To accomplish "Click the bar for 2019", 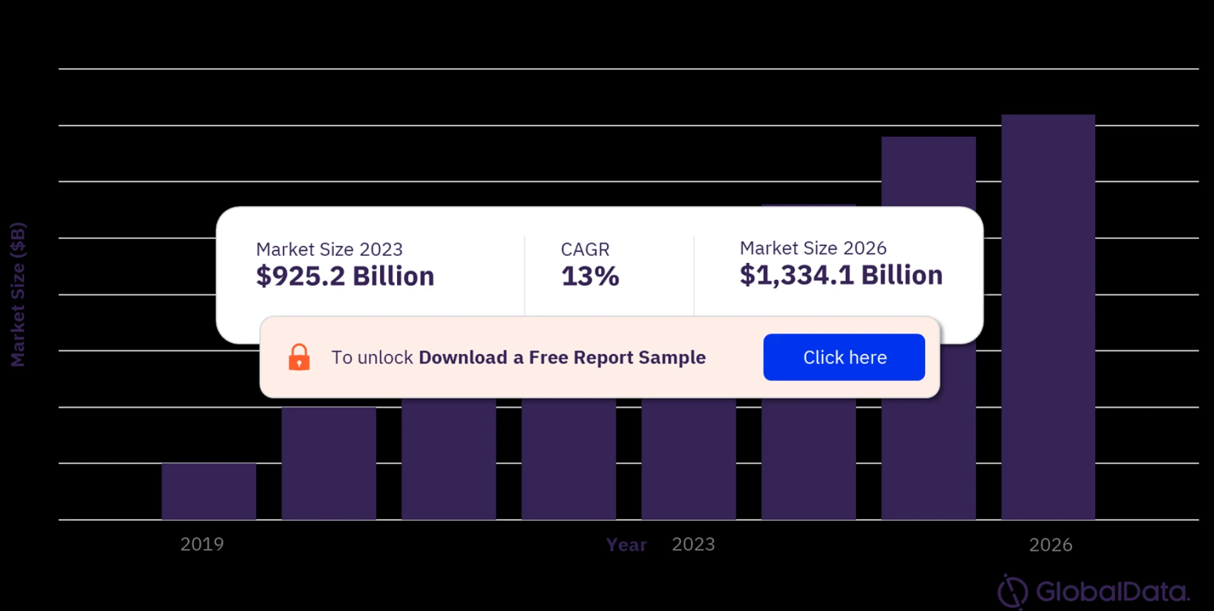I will pos(209,491).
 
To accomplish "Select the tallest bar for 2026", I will pos(1048,316).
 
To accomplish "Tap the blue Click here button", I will pos(843,357).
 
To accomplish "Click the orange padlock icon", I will pos(299,357).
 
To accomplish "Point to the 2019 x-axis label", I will pos(202,544).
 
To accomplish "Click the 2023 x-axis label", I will pos(693,544).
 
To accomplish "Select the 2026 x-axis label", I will pos(1050,545).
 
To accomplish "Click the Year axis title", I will pos(626,545).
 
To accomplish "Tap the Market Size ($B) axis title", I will pos(18,294).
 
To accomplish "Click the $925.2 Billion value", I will pos(345,276).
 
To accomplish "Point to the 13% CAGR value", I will pos(590,276).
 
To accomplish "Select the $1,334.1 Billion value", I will pos(841,275).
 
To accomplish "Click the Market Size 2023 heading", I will pos(329,249).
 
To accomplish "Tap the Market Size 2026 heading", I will pos(813,248).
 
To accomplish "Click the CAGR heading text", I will pos(585,249).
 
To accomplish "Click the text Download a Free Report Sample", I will pos(562,357).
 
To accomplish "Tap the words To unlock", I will pos(372,357).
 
